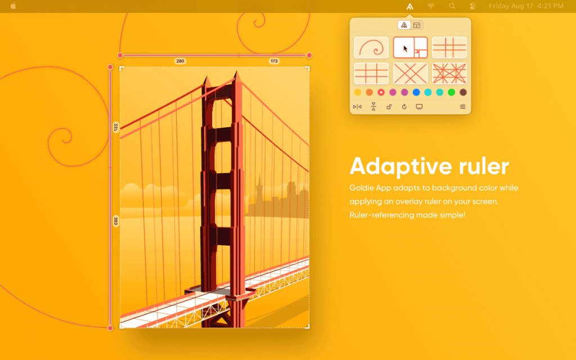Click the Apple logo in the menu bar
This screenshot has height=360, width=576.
tap(13, 6)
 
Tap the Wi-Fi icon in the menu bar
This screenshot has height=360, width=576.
tap(431, 6)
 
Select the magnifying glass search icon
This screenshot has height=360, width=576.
tap(452, 6)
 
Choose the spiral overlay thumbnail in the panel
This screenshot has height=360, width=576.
tap(371, 48)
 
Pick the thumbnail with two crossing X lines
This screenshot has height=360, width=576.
tap(410, 73)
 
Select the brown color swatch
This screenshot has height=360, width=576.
tap(463, 92)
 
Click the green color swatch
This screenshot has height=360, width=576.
tap(451, 92)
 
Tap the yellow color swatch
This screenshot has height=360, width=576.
tap(358, 92)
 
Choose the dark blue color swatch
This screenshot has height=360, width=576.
tap(416, 92)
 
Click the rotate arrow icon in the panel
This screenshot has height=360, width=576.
tap(404, 106)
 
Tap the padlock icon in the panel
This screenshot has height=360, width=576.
tap(389, 106)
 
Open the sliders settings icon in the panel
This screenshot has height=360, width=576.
tap(463, 106)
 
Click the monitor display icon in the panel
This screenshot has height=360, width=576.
tap(419, 106)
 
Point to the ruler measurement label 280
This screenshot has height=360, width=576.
tap(180, 61)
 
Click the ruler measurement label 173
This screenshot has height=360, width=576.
tap(274, 61)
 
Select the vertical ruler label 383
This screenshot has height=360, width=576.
tap(115, 220)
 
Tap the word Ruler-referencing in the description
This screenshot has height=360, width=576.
tap(380, 215)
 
